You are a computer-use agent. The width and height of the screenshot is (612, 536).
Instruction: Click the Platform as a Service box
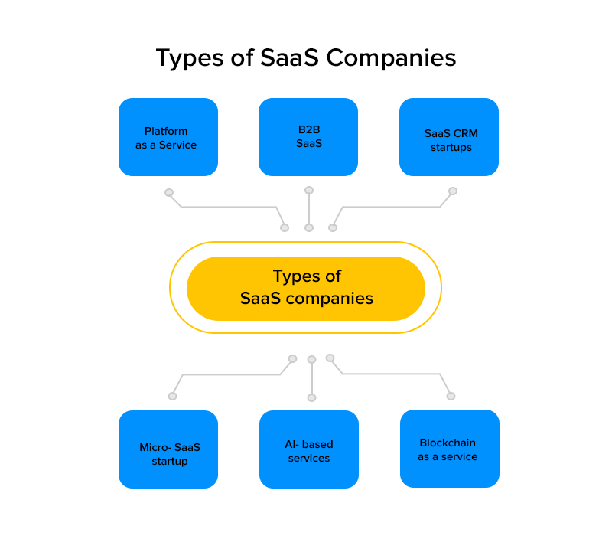click(x=168, y=137)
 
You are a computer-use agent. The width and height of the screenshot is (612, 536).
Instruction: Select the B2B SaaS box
click(x=308, y=137)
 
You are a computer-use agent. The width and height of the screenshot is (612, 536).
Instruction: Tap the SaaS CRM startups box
click(x=449, y=137)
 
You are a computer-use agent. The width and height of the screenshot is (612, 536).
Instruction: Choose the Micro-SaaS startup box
click(x=168, y=449)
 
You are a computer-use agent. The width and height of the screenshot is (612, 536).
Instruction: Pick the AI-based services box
click(x=309, y=449)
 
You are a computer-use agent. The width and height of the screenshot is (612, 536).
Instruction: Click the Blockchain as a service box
click(x=449, y=449)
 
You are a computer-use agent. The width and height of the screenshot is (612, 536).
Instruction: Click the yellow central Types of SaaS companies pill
click(x=306, y=288)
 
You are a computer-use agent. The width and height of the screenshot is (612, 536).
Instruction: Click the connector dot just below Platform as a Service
click(x=169, y=192)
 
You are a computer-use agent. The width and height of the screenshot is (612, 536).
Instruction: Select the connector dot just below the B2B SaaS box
click(x=309, y=190)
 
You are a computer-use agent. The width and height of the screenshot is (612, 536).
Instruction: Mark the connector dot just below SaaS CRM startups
click(x=453, y=191)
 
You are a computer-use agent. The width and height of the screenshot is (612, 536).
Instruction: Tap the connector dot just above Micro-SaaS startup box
click(x=172, y=396)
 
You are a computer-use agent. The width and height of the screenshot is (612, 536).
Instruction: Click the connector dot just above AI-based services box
click(x=311, y=397)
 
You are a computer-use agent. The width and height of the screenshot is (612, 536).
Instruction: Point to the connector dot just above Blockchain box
click(x=451, y=396)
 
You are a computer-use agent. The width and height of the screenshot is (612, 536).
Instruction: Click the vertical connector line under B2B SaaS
click(x=309, y=208)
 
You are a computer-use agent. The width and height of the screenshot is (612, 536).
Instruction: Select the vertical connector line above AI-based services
click(x=311, y=378)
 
